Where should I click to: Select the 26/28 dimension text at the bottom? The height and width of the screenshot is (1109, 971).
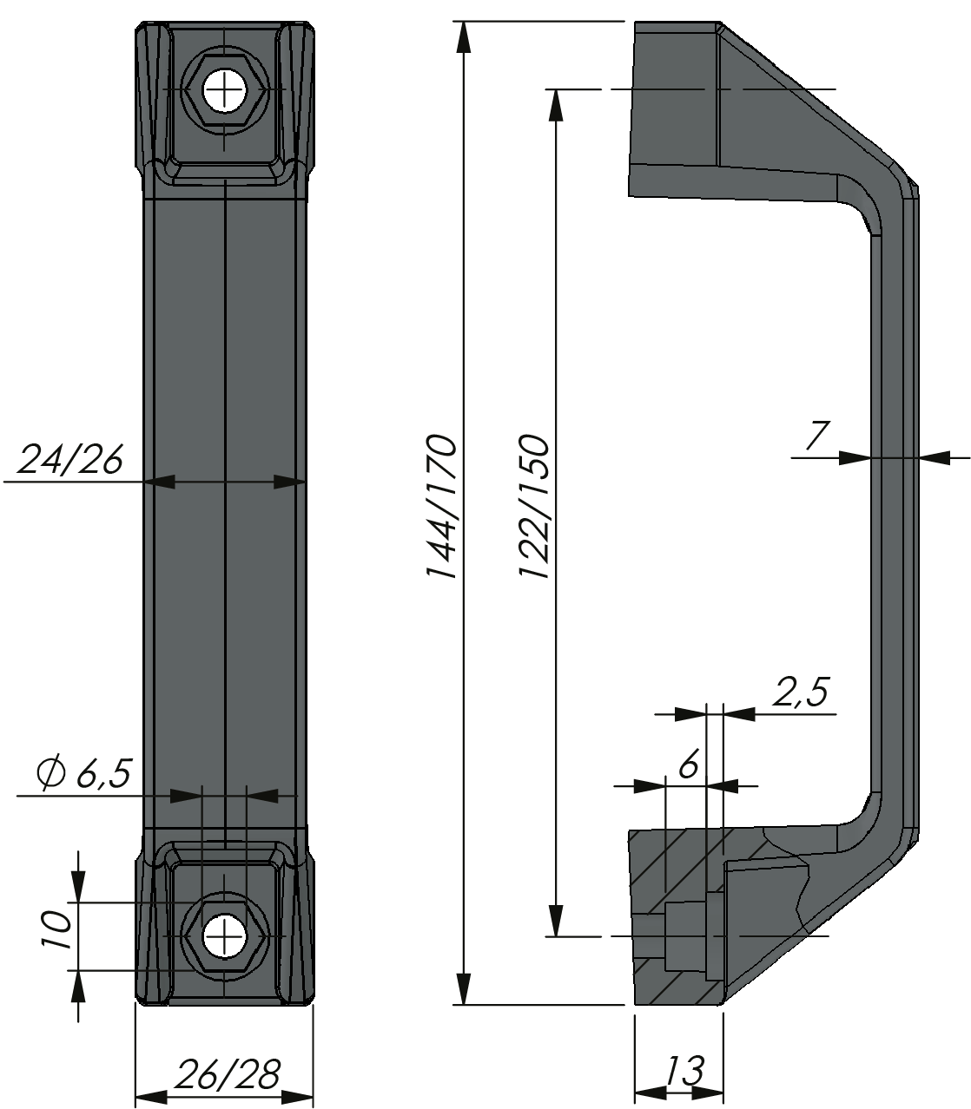[227, 1075]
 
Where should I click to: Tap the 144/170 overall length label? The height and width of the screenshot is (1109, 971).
[441, 507]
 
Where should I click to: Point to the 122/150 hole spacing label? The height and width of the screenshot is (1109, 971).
[532, 507]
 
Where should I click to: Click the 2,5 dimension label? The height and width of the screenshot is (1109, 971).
[799, 693]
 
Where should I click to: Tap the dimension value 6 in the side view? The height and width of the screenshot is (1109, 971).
[687, 765]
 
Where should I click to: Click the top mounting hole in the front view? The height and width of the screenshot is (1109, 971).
[224, 89]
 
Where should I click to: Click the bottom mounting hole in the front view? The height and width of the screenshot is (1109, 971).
[224, 938]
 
